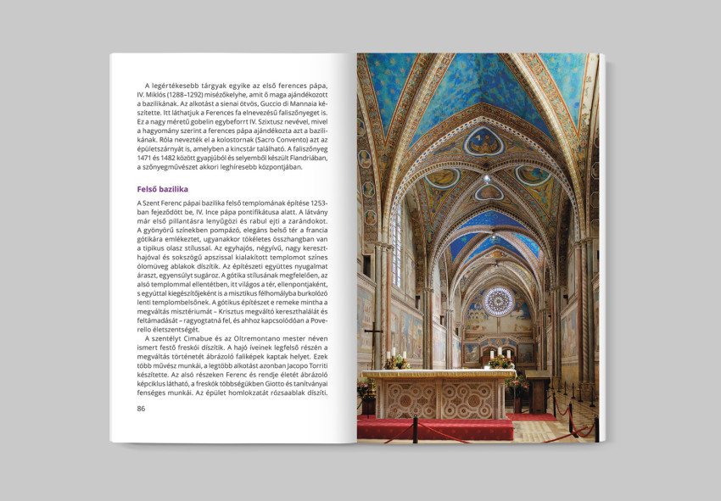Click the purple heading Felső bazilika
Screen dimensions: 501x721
163,189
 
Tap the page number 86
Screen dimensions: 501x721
141,409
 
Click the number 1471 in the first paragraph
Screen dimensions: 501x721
146,157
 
